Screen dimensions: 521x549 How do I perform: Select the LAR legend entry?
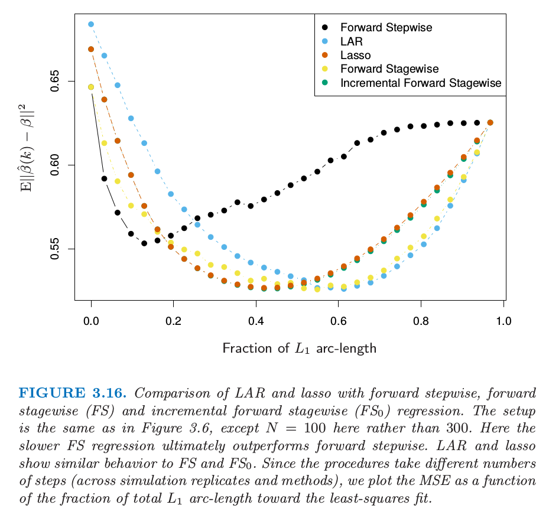351,42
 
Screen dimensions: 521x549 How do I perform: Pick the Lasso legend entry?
355,56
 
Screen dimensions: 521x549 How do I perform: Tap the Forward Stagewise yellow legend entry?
389,69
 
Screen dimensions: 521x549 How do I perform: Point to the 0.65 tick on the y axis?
56,81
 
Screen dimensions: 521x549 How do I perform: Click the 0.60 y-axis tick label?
56,165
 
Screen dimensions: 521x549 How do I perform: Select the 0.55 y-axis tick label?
56,249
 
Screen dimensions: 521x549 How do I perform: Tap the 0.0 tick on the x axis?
91,321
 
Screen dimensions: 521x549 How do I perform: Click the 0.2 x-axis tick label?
174,321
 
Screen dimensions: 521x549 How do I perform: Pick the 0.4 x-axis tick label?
256,321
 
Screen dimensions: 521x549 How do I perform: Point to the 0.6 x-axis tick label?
339,321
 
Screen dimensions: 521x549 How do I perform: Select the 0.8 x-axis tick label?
421,321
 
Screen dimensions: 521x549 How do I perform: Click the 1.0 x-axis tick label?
503,321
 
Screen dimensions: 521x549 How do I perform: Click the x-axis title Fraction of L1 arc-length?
299,349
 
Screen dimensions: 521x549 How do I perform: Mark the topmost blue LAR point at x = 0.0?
91,24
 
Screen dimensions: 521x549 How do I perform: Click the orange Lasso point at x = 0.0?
91,50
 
